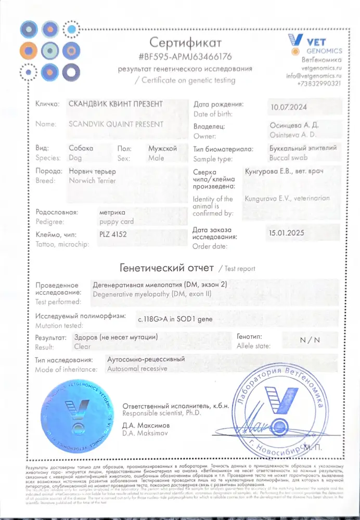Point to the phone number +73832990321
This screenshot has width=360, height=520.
[319, 83]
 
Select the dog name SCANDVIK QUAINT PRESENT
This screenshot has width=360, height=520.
[116, 124]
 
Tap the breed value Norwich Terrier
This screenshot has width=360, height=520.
[93, 181]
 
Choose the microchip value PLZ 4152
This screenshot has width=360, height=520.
[113, 235]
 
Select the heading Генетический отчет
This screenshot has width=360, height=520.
[166, 268]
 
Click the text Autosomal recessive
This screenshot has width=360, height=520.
[137, 369]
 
